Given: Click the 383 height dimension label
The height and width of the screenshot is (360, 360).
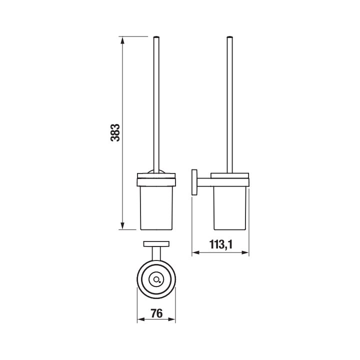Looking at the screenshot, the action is click(115, 132).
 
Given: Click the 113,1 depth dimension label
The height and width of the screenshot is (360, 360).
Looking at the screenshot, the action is click(221, 244).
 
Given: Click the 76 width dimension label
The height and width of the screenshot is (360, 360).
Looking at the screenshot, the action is click(156, 313).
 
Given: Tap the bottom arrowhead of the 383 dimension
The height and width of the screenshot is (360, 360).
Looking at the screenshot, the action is click(122, 225).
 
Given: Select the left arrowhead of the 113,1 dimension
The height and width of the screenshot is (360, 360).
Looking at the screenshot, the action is click(195, 253).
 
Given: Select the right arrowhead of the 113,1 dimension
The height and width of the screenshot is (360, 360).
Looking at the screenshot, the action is click(245, 253).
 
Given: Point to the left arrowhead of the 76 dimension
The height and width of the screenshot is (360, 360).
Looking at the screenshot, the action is click(140, 319).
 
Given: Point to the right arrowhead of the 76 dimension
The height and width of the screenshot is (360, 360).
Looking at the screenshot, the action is click(171, 319).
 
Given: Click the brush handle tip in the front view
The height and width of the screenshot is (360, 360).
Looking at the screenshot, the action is click(156, 36).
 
